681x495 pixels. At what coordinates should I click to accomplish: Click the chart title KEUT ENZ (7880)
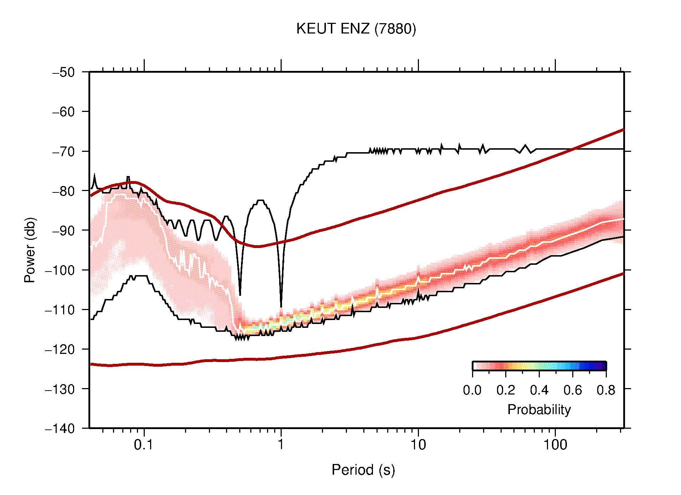click(356, 29)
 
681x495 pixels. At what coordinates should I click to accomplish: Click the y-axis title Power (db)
click(30, 250)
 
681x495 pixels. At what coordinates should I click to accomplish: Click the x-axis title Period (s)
click(363, 470)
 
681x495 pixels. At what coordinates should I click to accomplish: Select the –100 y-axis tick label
click(60, 270)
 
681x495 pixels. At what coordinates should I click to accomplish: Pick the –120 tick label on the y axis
click(60, 349)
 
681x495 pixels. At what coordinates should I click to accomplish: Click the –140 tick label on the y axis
click(60, 428)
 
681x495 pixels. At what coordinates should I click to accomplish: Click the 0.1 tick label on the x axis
click(144, 445)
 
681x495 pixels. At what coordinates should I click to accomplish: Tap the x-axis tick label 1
click(281, 445)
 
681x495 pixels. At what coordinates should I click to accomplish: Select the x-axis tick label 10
click(418, 445)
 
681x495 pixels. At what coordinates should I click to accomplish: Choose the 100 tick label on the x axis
click(555, 445)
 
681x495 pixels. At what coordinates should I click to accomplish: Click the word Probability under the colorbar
click(539, 410)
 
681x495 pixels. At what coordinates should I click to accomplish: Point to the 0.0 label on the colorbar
click(472, 391)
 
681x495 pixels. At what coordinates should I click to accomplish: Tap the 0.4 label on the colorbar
click(539, 391)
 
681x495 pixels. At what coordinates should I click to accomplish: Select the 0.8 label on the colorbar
click(606, 391)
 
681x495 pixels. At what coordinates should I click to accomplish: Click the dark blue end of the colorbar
click(603, 366)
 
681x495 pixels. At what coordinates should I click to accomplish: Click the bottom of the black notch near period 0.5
click(240, 294)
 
